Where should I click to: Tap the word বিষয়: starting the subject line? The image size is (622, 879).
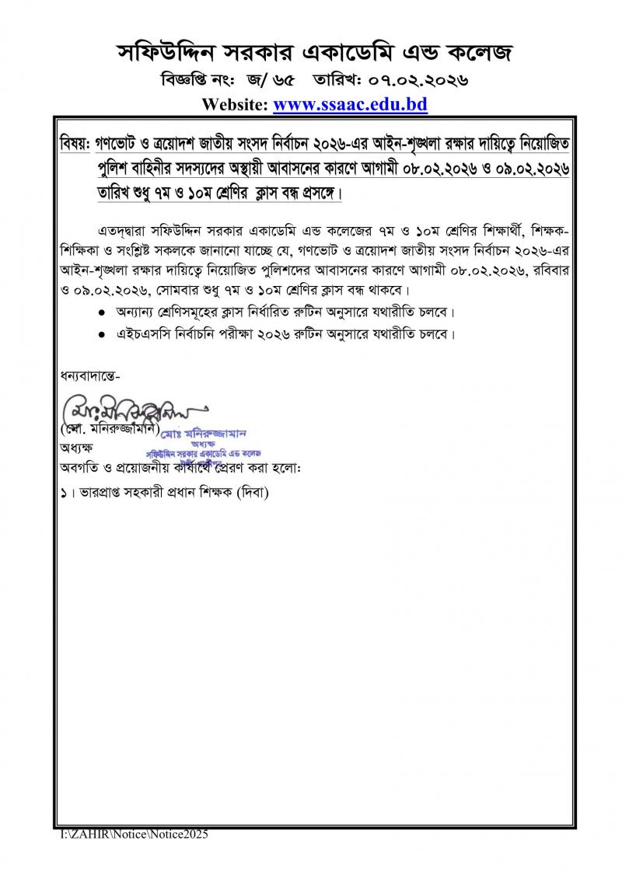point(75,145)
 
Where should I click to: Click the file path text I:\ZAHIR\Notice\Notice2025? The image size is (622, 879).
point(134,834)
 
